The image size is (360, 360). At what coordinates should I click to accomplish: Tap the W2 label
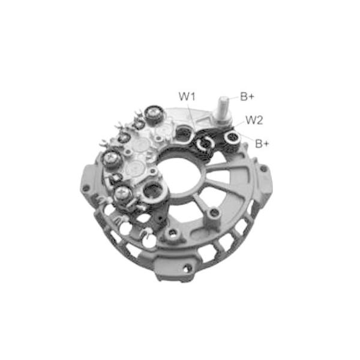pos(254,120)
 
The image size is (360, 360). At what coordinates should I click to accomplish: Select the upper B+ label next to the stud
pos(248,96)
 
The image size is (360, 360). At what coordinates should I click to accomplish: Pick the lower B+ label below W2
pos(262,144)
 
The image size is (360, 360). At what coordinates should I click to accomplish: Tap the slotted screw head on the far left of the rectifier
pos(112,159)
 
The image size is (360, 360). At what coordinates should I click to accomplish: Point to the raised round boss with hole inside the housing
pos(211,213)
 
